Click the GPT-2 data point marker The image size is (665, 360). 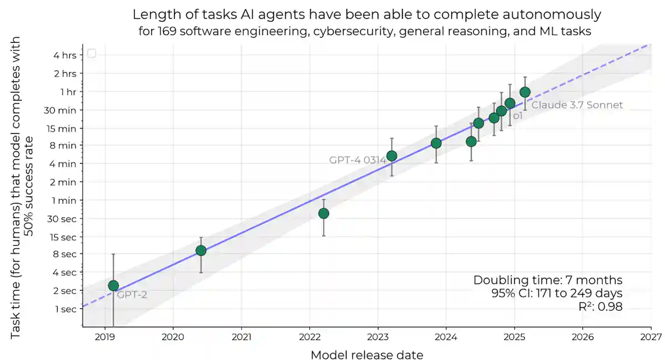[113, 286]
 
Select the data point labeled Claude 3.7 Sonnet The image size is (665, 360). [525, 92]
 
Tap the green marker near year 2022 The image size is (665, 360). [324, 213]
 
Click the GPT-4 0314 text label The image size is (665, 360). [357, 160]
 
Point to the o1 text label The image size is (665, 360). [518, 116]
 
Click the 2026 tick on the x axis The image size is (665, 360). [582, 336]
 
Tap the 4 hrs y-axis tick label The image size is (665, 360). [65, 55]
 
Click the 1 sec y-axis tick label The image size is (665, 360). [66, 309]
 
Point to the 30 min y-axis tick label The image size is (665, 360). [63, 110]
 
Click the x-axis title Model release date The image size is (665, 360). [367, 354]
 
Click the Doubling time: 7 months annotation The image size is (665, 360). [548, 280]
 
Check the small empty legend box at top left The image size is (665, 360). [92, 53]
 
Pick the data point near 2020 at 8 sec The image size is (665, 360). [201, 250]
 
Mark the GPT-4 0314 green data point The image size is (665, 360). [392, 156]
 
